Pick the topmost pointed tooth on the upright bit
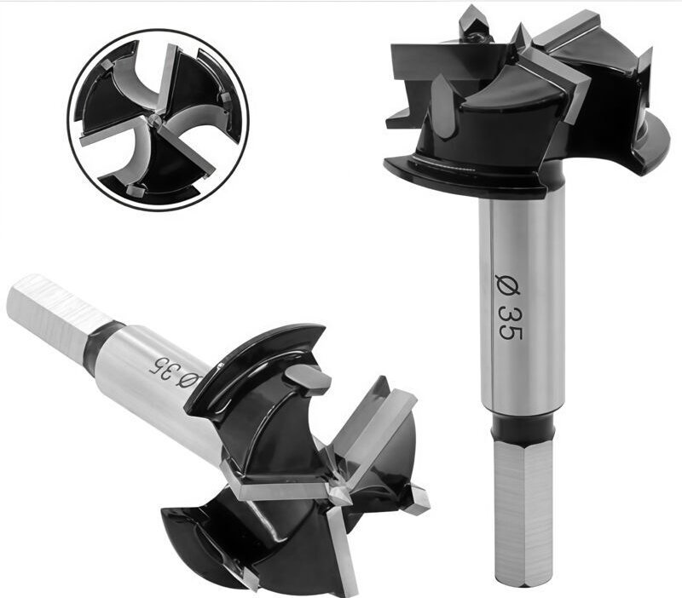pos(474,21)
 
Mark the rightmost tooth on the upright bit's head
pos(643,67)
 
